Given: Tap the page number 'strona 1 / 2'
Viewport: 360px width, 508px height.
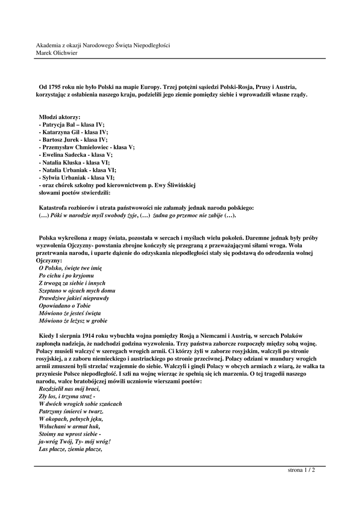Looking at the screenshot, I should pos(301,470).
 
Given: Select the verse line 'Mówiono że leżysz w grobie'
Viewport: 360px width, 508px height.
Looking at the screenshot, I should pos(72,320).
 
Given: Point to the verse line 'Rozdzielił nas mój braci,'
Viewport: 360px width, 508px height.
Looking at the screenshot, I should pos(69,389).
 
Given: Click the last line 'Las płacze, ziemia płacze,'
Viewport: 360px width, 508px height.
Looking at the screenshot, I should pos(70,449).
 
